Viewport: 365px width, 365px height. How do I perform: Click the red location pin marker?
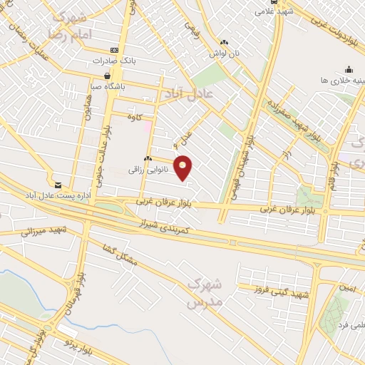coord(184,168)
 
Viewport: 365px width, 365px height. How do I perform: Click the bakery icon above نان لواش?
coord(225,42)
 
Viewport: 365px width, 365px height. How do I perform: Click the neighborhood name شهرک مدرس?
coord(204,294)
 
